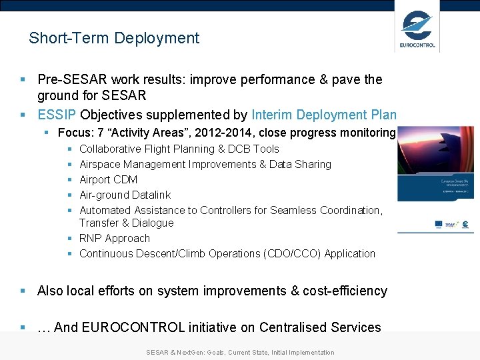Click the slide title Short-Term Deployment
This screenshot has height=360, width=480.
click(114, 38)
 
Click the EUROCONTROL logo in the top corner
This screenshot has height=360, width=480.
click(417, 28)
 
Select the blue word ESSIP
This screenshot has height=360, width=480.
click(57, 114)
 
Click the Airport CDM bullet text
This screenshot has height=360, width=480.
click(108, 179)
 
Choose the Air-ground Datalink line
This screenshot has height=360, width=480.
click(125, 195)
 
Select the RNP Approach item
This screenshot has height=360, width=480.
click(114, 238)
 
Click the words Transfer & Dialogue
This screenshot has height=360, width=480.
click(126, 223)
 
